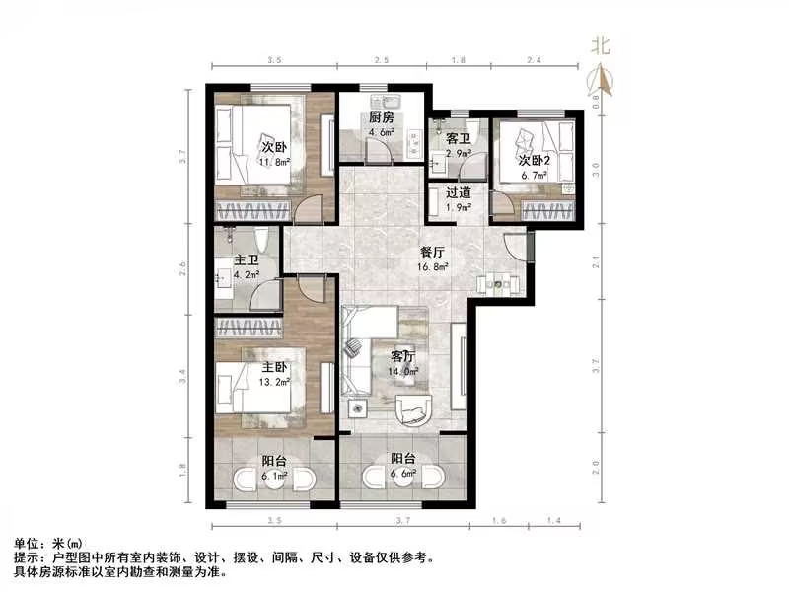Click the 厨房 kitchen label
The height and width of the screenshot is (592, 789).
tap(381, 118)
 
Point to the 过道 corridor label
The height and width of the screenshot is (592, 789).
tap(458, 193)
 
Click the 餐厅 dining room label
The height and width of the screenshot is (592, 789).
tap(435, 252)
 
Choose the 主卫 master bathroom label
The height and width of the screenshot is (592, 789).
tap(246, 262)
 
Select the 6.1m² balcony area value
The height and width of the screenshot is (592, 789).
tap(274, 475)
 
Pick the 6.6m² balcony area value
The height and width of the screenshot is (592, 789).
tap(403, 474)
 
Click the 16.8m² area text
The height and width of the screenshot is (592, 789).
tap(435, 266)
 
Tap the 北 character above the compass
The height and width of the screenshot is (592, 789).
tap(599, 45)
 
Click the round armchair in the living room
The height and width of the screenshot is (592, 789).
tap(412, 407)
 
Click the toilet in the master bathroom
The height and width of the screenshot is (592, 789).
tap(262, 240)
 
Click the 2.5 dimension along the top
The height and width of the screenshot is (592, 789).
tap(381, 61)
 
